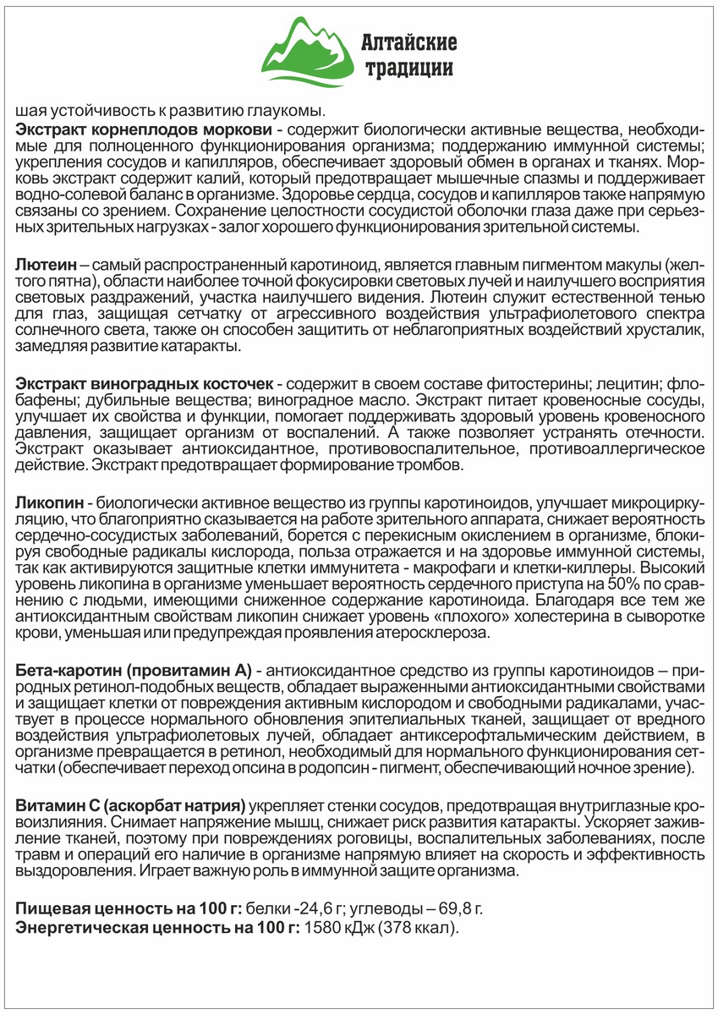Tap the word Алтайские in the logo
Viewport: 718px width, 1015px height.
tap(409, 41)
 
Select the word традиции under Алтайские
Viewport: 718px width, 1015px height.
tap(408, 69)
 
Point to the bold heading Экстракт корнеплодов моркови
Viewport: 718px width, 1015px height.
tap(144, 129)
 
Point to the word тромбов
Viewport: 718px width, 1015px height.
tap(437, 466)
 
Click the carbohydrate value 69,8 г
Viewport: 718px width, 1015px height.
tap(460, 909)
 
